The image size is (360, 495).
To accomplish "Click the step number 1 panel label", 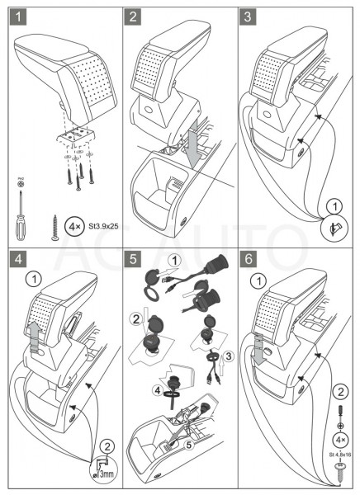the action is click(18, 17).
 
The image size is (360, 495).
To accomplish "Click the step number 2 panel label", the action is click(132, 17).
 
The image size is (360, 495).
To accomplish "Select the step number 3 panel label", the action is click(248, 17).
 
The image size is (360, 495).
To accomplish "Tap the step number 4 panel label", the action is click(18, 259).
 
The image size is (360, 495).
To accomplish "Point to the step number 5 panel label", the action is click(133, 259).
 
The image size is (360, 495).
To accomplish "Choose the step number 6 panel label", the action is click(248, 259).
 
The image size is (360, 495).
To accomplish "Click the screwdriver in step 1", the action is click(21, 217).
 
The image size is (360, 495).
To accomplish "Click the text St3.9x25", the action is click(103, 227).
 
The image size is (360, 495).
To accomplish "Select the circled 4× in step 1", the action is click(74, 227).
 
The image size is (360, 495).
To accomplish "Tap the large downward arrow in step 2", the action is click(192, 141).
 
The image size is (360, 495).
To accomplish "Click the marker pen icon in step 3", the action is click(334, 228).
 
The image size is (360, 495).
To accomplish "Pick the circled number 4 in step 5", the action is click(158, 390).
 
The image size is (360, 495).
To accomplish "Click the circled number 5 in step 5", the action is click(189, 445).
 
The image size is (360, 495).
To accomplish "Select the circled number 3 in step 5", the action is click(229, 356).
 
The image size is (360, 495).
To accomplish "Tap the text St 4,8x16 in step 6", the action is click(339, 455).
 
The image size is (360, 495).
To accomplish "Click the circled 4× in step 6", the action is click(340, 440).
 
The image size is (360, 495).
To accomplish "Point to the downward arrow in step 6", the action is click(259, 348).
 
